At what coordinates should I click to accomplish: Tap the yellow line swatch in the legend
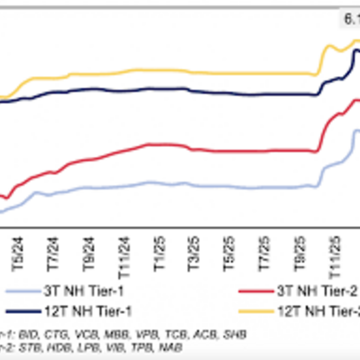click(x=256, y=311)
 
